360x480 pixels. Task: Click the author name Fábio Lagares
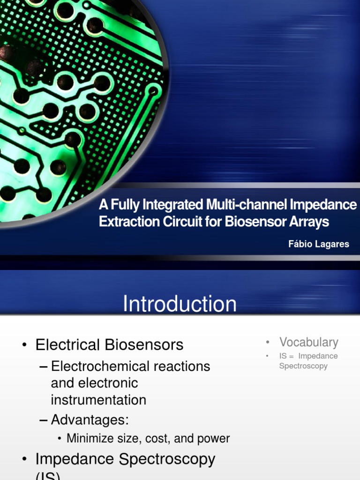coord(319,244)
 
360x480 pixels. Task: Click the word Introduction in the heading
coord(180,304)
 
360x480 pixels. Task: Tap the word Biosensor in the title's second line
coord(255,222)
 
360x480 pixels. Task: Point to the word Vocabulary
coord(308,342)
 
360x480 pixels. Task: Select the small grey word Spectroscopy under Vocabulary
coord(303,366)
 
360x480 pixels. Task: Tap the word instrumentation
coord(98,400)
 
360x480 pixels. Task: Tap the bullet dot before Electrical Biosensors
coord(24,345)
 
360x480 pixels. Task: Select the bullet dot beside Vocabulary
coord(267,343)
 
